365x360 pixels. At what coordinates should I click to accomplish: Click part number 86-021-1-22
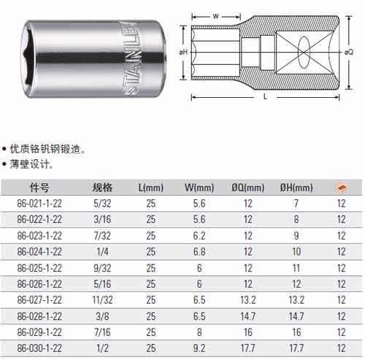39,204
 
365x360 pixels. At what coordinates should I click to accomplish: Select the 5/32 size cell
102,204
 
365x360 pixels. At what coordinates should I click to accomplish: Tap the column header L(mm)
151,188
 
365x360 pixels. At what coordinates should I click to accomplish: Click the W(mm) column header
199,188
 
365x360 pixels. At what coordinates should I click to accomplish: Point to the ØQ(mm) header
248,188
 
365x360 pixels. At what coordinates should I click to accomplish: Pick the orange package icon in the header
342,188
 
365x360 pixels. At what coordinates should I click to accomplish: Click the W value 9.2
199,348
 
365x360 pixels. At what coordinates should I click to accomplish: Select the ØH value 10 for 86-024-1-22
296,252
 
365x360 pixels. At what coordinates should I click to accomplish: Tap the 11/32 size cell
102,300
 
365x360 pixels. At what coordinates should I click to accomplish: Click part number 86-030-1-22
39,348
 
